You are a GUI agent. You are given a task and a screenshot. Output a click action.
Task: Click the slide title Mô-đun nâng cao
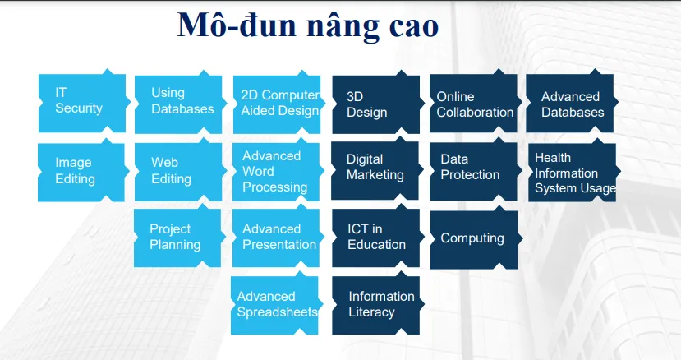[308, 25]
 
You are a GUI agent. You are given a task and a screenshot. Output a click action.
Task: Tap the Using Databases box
[178, 103]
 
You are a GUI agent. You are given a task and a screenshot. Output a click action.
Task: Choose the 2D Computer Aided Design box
[276, 103]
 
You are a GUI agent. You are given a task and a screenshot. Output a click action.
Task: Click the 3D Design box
[375, 104]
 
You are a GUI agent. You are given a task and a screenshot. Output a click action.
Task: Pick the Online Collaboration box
[474, 104]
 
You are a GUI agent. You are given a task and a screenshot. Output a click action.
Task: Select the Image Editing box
[81, 172]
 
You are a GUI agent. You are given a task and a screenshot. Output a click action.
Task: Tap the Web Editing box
[178, 171]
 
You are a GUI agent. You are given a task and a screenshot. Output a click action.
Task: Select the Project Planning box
[178, 238]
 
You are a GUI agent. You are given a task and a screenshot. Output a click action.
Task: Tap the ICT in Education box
[375, 238]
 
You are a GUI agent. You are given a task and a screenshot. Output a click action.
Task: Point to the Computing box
[474, 239]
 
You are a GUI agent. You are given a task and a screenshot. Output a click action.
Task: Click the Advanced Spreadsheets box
[275, 305]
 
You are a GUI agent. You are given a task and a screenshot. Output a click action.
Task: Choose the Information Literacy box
[376, 305]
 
